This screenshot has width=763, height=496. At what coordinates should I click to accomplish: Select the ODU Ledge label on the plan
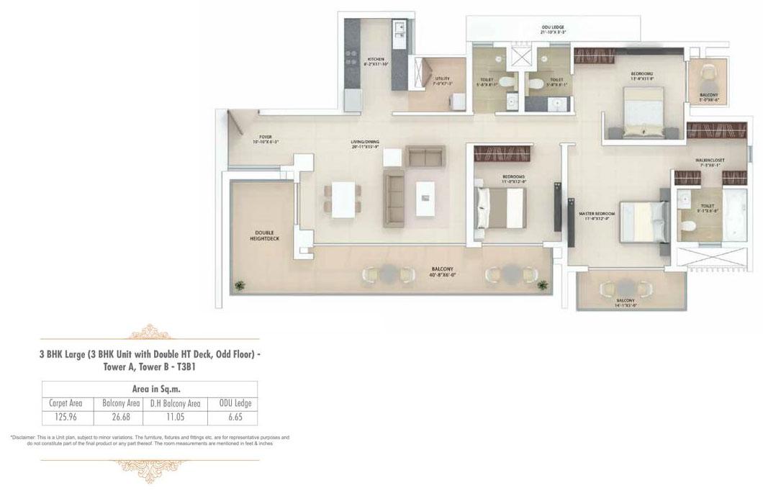pyautogui.click(x=553, y=30)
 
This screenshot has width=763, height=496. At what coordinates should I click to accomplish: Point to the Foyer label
pyautogui.click(x=266, y=139)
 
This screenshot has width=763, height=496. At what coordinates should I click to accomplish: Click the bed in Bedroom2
pyautogui.click(x=642, y=113)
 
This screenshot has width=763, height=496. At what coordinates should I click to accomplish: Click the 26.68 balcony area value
pyautogui.click(x=120, y=417)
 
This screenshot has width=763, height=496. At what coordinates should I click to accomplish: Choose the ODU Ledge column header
pyautogui.click(x=232, y=403)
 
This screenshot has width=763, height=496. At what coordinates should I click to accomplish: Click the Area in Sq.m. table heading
pyautogui.click(x=150, y=389)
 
